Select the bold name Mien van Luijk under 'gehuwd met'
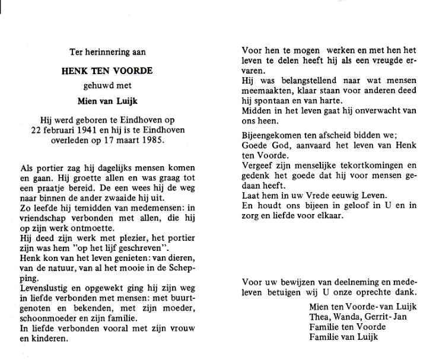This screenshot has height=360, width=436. click(x=107, y=100)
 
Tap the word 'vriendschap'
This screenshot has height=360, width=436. click(x=52, y=219)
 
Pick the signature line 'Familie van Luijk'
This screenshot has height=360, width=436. click(x=343, y=337)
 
